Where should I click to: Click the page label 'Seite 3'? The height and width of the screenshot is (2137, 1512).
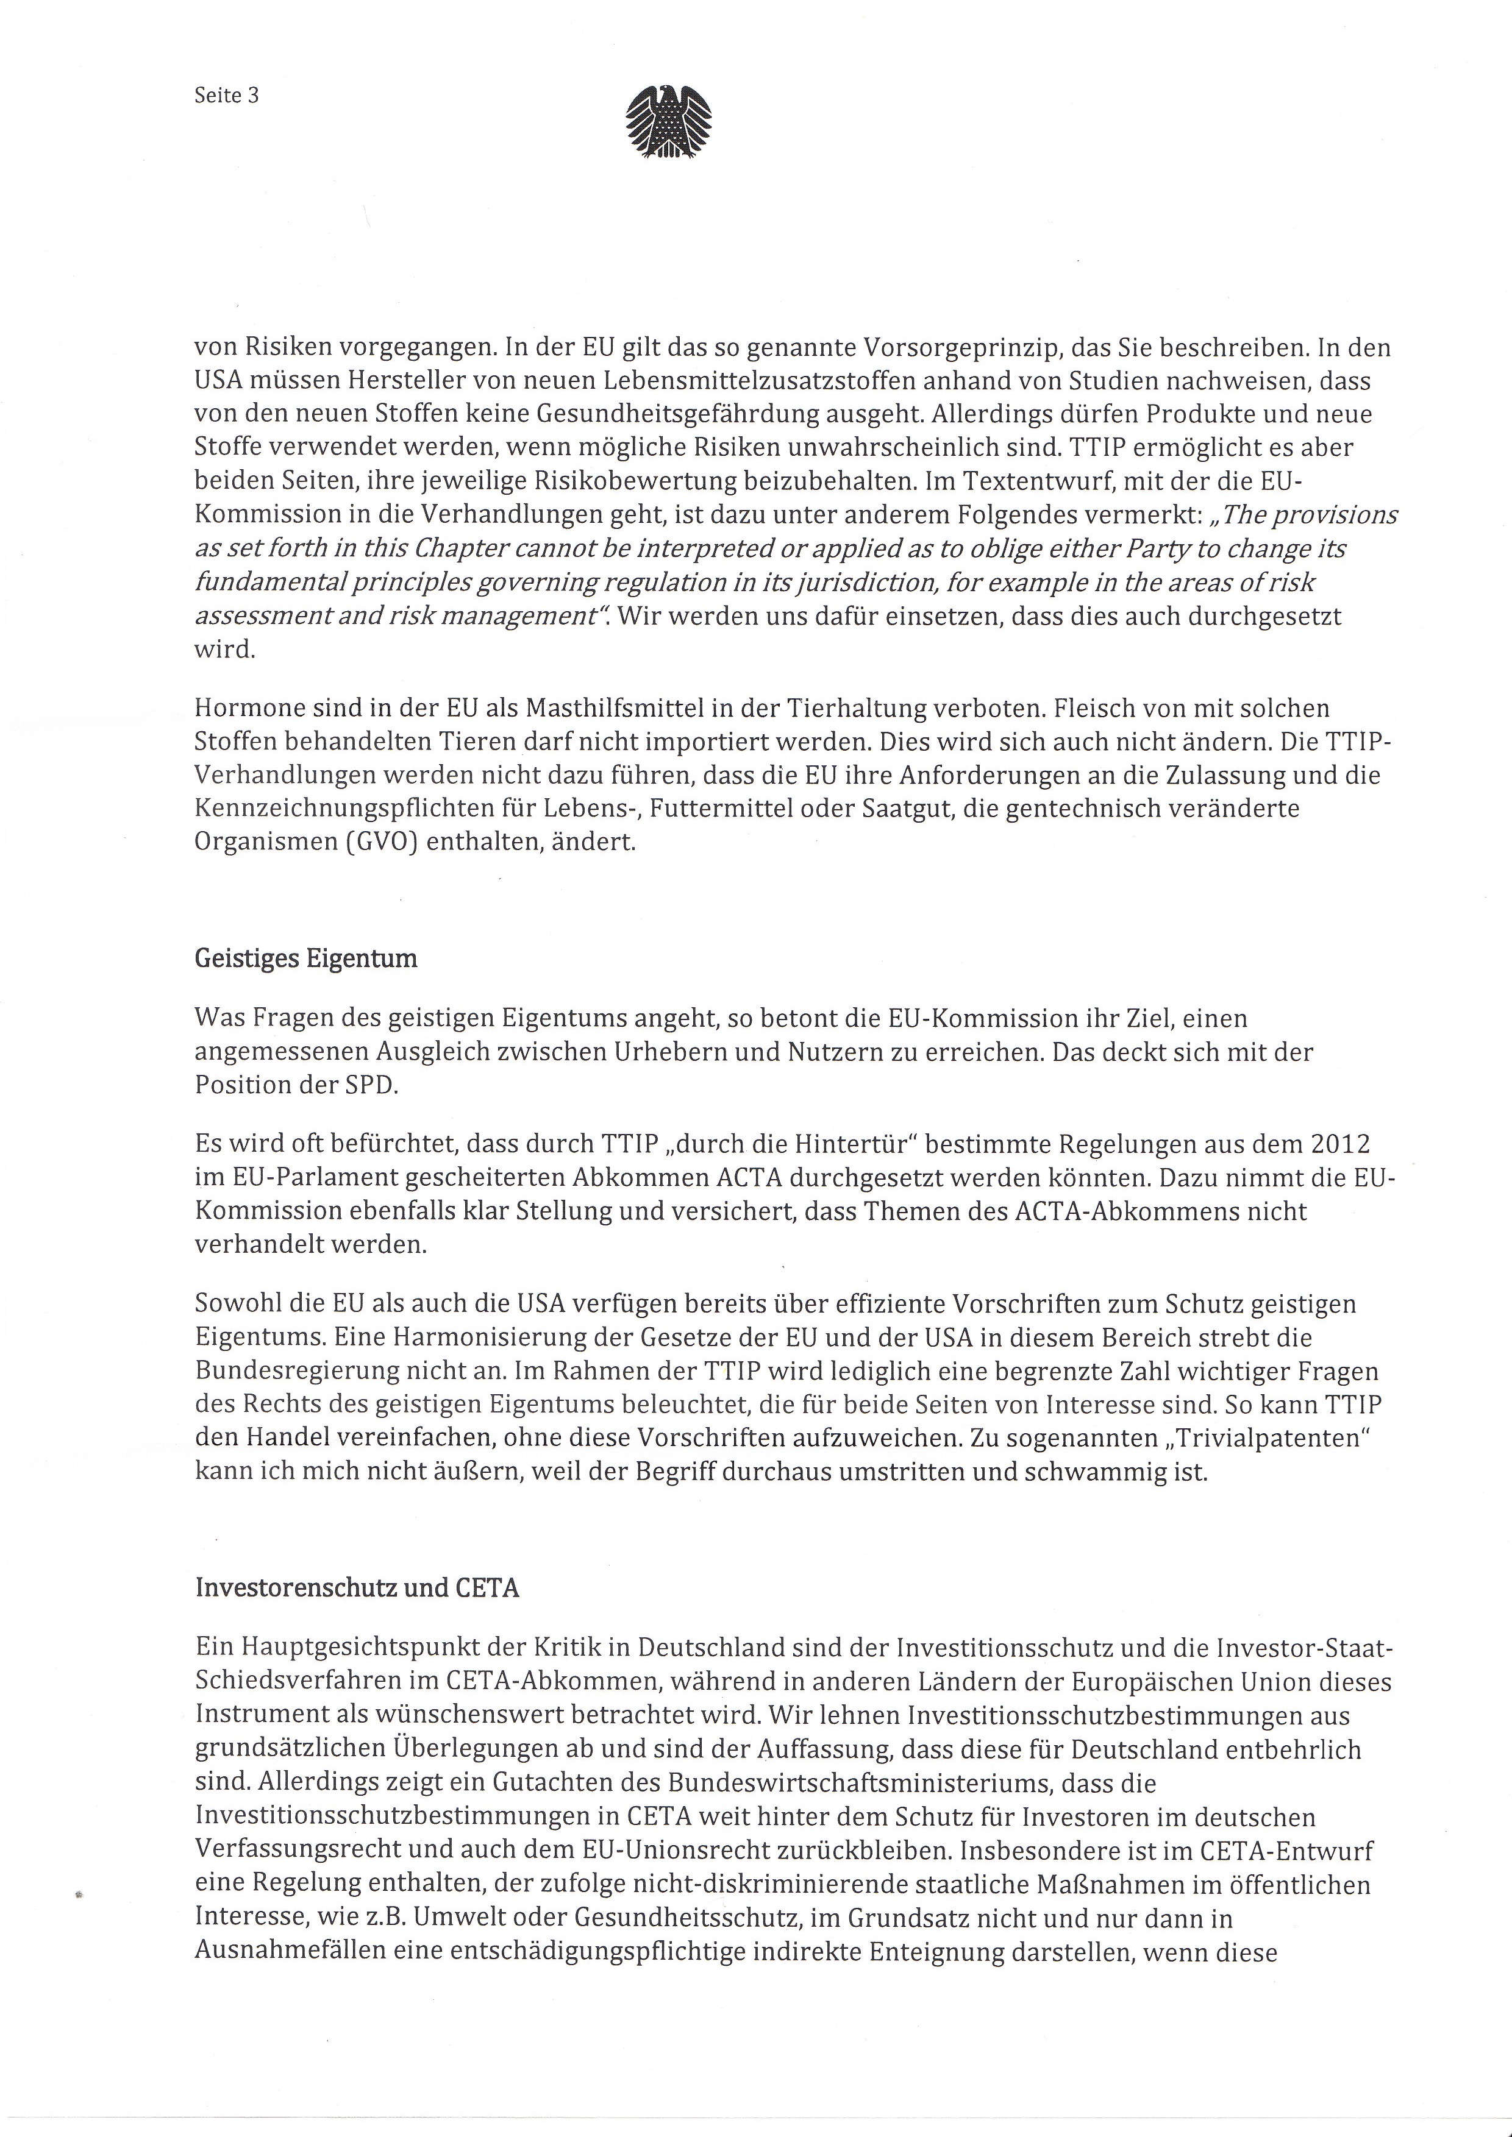[x=226, y=95]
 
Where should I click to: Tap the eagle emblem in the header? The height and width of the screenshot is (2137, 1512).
[x=668, y=122]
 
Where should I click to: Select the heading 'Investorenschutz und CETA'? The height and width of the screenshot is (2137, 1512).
[x=357, y=1588]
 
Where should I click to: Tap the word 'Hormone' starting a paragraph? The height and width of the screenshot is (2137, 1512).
[x=244, y=708]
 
